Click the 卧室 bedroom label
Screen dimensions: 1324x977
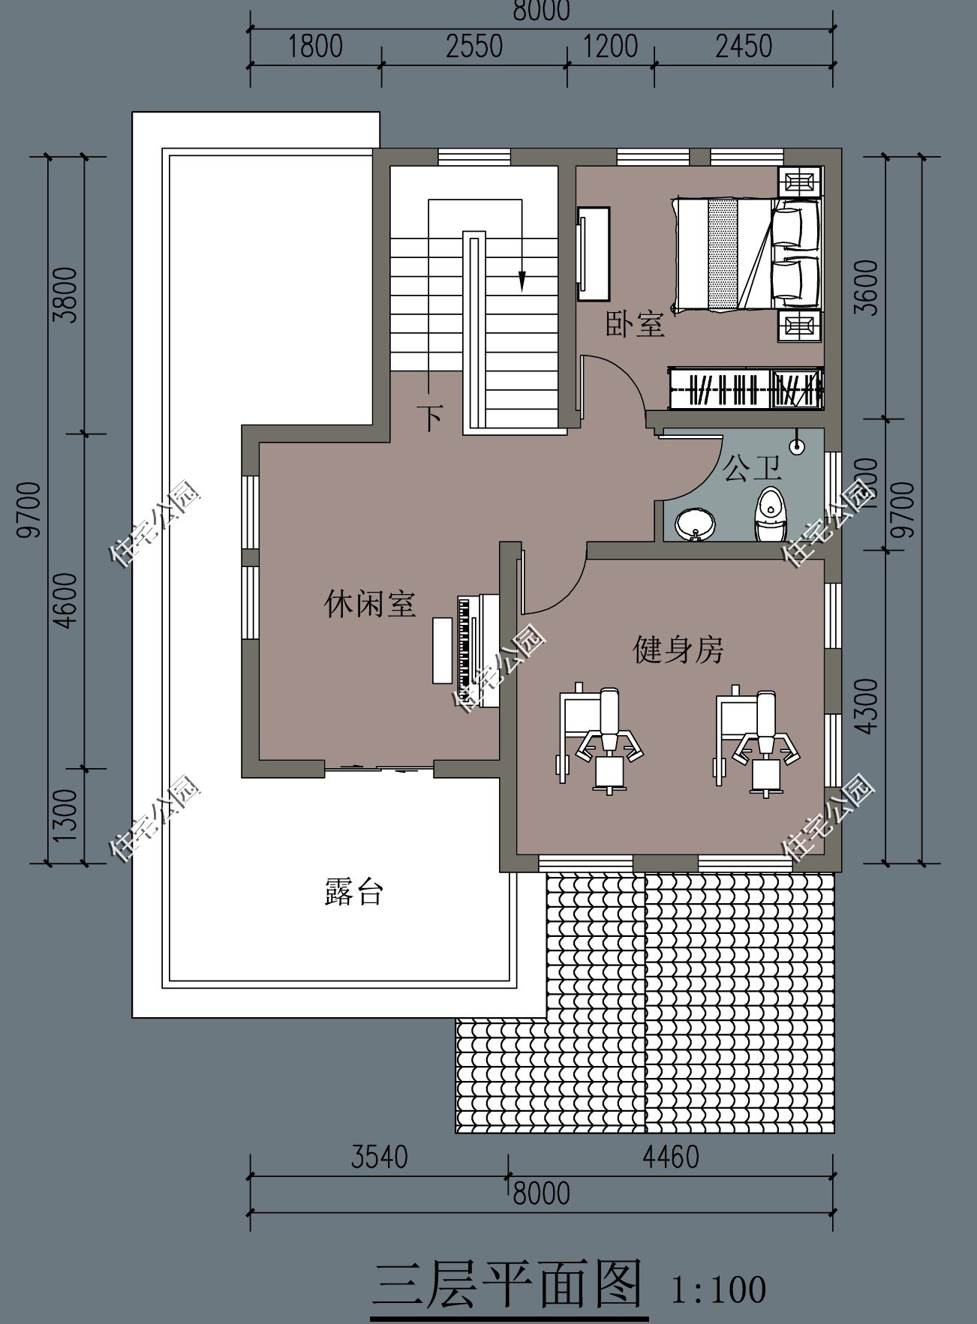coord(635,325)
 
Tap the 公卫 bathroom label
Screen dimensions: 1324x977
coord(751,469)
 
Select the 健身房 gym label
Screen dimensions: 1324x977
coord(678,650)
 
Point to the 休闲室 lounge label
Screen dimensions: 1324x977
coord(370,603)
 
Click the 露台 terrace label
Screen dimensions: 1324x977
coord(353,891)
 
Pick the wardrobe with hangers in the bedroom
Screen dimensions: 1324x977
coord(746,388)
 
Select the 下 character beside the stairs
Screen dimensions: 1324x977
coord(431,418)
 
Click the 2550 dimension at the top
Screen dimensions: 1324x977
coord(473,47)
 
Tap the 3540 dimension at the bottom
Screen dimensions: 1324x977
coord(379,1157)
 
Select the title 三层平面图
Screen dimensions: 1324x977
coord(508,1284)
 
